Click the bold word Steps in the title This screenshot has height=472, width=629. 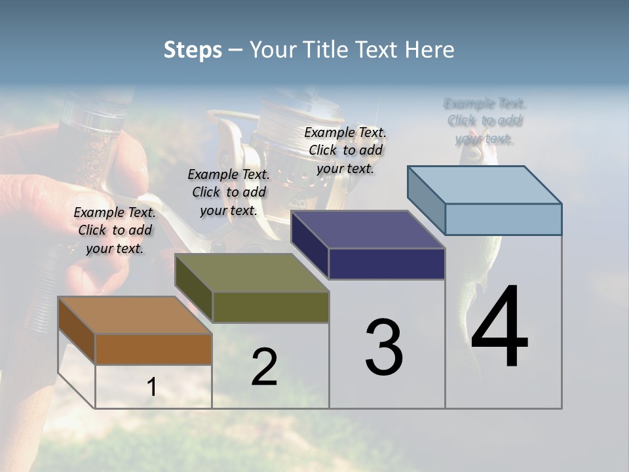coord(193,50)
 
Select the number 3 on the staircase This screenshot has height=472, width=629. coord(384,347)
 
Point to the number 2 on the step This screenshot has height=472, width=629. coord(264,367)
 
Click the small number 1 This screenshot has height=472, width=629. coord(151,387)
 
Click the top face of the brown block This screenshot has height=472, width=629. coord(134,315)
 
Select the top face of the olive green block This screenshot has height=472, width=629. coord(252,273)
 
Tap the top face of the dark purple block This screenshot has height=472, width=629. coord(368,229)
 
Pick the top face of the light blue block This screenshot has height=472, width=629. coord(484,185)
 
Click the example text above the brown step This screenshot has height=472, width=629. coord(115,230)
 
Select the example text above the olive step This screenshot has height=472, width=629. coord(229,192)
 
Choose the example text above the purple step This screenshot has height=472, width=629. coord(345,150)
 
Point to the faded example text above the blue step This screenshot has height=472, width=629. coord(484,121)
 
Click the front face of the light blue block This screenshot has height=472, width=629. coord(503,219)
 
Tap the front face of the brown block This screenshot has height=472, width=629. coord(153,349)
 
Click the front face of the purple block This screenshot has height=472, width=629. coord(387,264)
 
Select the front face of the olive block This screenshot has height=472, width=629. coord(270,307)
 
